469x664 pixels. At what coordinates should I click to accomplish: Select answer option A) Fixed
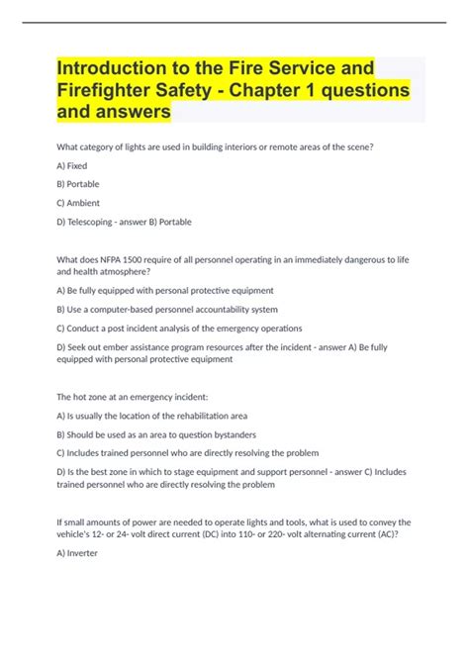pyautogui.click(x=72, y=165)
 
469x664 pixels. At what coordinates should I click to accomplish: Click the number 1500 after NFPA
pyautogui.click(x=143, y=258)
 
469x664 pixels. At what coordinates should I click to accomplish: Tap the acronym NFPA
pyautogui.click(x=118, y=258)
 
